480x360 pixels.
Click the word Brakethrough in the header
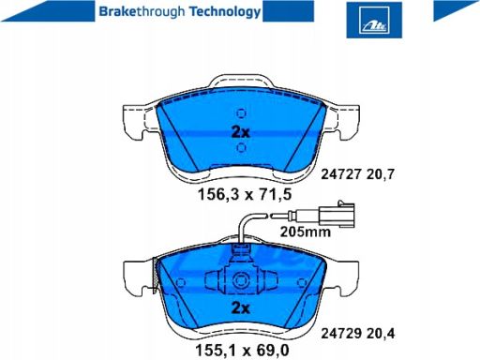click(142, 12)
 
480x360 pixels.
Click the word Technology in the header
click(225, 12)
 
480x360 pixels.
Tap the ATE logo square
click(374, 20)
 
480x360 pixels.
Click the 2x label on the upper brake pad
click(240, 132)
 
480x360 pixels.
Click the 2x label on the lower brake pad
click(240, 308)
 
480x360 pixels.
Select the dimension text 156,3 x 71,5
click(245, 194)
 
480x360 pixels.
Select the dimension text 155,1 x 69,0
click(242, 350)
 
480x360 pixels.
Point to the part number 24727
click(341, 173)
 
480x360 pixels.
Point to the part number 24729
click(341, 334)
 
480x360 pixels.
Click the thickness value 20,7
click(381, 173)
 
